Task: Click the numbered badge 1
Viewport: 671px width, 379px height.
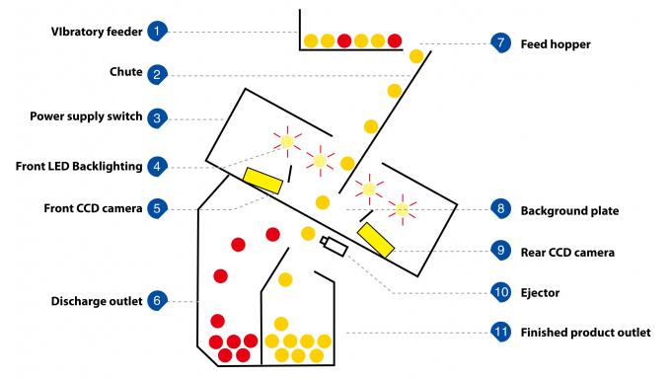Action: click(157, 32)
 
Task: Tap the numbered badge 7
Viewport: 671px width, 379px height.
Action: click(500, 43)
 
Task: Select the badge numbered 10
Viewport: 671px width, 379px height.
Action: click(500, 292)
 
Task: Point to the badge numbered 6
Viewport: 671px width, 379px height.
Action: click(157, 300)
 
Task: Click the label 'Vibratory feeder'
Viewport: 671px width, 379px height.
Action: click(96, 32)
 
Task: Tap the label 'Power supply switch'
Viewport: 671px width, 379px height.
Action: click(86, 116)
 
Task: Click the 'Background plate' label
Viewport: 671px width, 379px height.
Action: click(569, 210)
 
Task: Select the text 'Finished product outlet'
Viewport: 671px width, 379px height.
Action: click(585, 333)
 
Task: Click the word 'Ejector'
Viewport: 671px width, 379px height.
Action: click(540, 293)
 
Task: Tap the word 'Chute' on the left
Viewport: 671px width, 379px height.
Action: click(125, 73)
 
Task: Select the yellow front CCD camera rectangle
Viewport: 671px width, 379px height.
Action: click(261, 179)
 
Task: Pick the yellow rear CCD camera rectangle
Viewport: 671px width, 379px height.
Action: click(375, 240)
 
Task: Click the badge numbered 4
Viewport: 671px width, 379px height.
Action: click(157, 166)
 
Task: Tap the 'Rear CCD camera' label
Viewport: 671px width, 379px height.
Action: click(567, 253)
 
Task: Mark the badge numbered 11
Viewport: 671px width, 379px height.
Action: click(500, 332)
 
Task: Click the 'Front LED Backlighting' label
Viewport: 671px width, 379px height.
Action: click(79, 166)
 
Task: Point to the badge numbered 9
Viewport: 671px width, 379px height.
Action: click(500, 252)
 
